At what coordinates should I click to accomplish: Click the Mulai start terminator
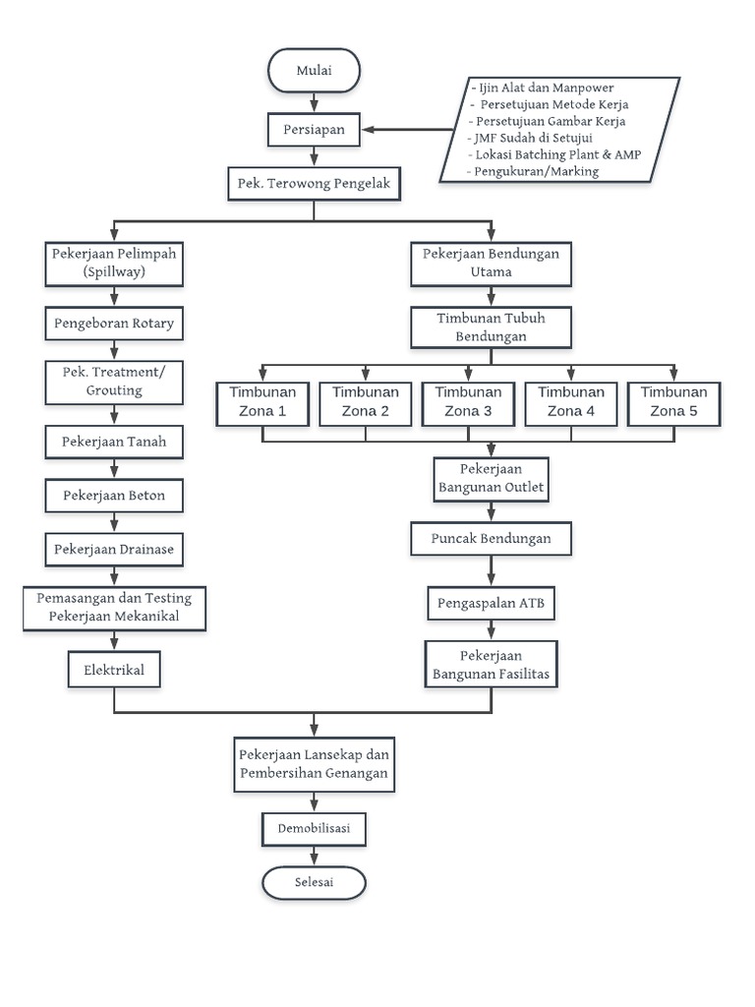[314, 70]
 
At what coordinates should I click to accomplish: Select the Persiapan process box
[314, 128]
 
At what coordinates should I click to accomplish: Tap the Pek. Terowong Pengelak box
[314, 184]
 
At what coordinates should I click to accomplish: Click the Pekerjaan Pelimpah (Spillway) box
[115, 263]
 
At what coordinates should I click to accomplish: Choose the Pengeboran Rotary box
[115, 323]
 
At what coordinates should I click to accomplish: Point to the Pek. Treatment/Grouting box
[115, 382]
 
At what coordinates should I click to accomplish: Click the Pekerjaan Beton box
[115, 496]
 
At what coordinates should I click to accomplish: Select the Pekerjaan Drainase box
[115, 549]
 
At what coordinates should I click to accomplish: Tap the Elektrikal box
[115, 671]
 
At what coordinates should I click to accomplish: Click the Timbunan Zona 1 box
[262, 402]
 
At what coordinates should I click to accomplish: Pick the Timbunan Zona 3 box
[467, 402]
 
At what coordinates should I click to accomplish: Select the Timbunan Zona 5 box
[673, 402]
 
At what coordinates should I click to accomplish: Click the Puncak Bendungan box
[491, 539]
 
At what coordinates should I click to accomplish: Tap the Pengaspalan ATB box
[491, 604]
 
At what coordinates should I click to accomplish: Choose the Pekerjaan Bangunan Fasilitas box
[491, 665]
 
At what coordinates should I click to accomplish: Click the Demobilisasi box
[315, 828]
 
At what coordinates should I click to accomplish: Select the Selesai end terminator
[315, 882]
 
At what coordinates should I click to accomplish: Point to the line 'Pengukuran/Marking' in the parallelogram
[537, 171]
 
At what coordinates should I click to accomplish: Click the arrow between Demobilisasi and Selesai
[315, 856]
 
